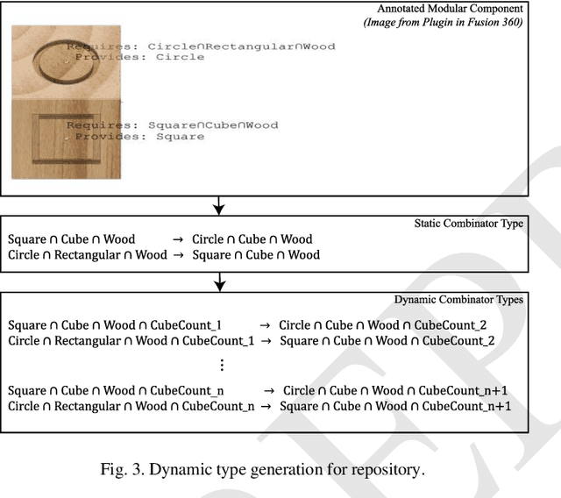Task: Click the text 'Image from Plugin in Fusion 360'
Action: coord(444,22)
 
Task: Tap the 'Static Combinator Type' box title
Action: coord(468,224)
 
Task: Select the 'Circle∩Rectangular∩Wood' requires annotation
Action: coord(241,46)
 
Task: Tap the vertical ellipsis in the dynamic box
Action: coord(222,365)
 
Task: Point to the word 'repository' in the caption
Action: coord(383,469)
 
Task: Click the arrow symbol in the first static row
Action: coord(176,239)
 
